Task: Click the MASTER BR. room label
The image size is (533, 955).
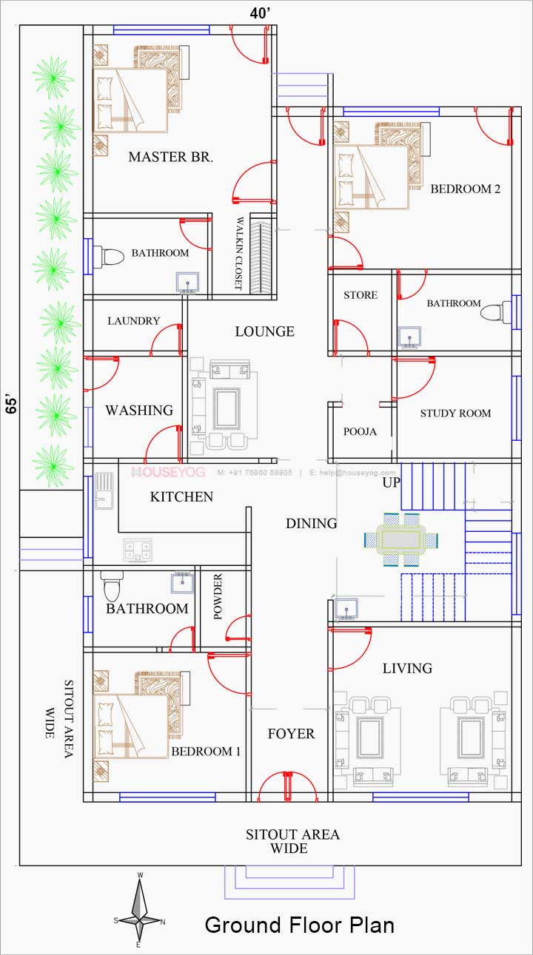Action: (171, 157)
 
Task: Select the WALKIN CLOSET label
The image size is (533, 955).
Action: (239, 253)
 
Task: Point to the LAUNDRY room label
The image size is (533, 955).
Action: (133, 320)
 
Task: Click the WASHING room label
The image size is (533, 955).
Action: (139, 410)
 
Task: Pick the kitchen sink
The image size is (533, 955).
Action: (104, 490)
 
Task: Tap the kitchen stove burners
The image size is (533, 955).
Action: (138, 550)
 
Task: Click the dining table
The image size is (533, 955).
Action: (401, 539)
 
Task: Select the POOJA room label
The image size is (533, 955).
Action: (361, 431)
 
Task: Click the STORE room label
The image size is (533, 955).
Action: (361, 295)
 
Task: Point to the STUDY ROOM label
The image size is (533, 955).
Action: (455, 413)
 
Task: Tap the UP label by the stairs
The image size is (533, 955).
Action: (392, 482)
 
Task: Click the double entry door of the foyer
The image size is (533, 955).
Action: (288, 786)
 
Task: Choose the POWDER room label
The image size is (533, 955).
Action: (218, 596)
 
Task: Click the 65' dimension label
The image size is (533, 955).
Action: (12, 405)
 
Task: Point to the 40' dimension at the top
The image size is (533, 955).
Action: (261, 13)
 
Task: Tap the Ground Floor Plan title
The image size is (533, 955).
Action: (299, 925)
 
